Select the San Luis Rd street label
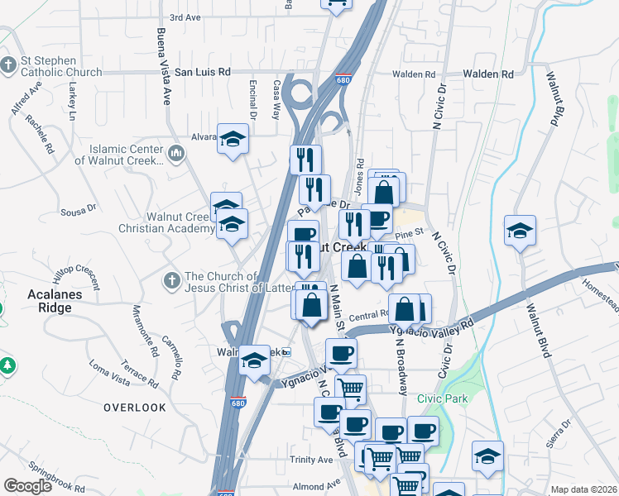[x=201, y=73]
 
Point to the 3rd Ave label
[x=185, y=17]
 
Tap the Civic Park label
[x=443, y=398]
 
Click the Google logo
[x=27, y=485]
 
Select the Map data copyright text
[x=583, y=489]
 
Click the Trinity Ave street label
[x=310, y=460]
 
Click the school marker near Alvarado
[x=233, y=137]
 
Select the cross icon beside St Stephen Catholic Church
[x=8, y=64]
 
